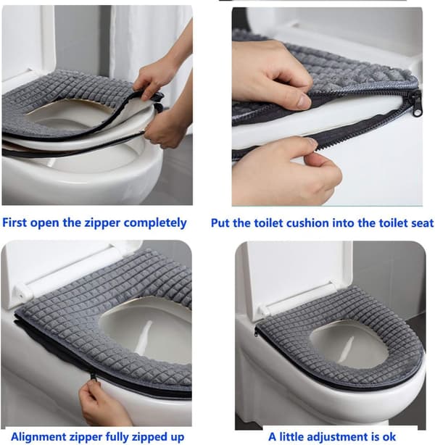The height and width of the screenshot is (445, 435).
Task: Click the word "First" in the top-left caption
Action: [14, 222]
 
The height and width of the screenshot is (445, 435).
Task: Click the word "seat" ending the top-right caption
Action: [422, 223]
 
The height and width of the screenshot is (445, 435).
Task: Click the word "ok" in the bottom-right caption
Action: [389, 437]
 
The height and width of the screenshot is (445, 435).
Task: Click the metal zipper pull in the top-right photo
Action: [416, 104]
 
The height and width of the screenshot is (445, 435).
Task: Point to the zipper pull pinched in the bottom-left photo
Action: [93, 378]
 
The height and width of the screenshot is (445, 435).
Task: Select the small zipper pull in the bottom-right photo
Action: [256, 331]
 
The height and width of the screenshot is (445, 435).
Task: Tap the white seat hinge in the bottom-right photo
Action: [265, 311]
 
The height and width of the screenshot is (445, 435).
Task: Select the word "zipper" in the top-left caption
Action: [102, 223]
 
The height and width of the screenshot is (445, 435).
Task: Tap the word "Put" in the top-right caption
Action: [220, 223]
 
